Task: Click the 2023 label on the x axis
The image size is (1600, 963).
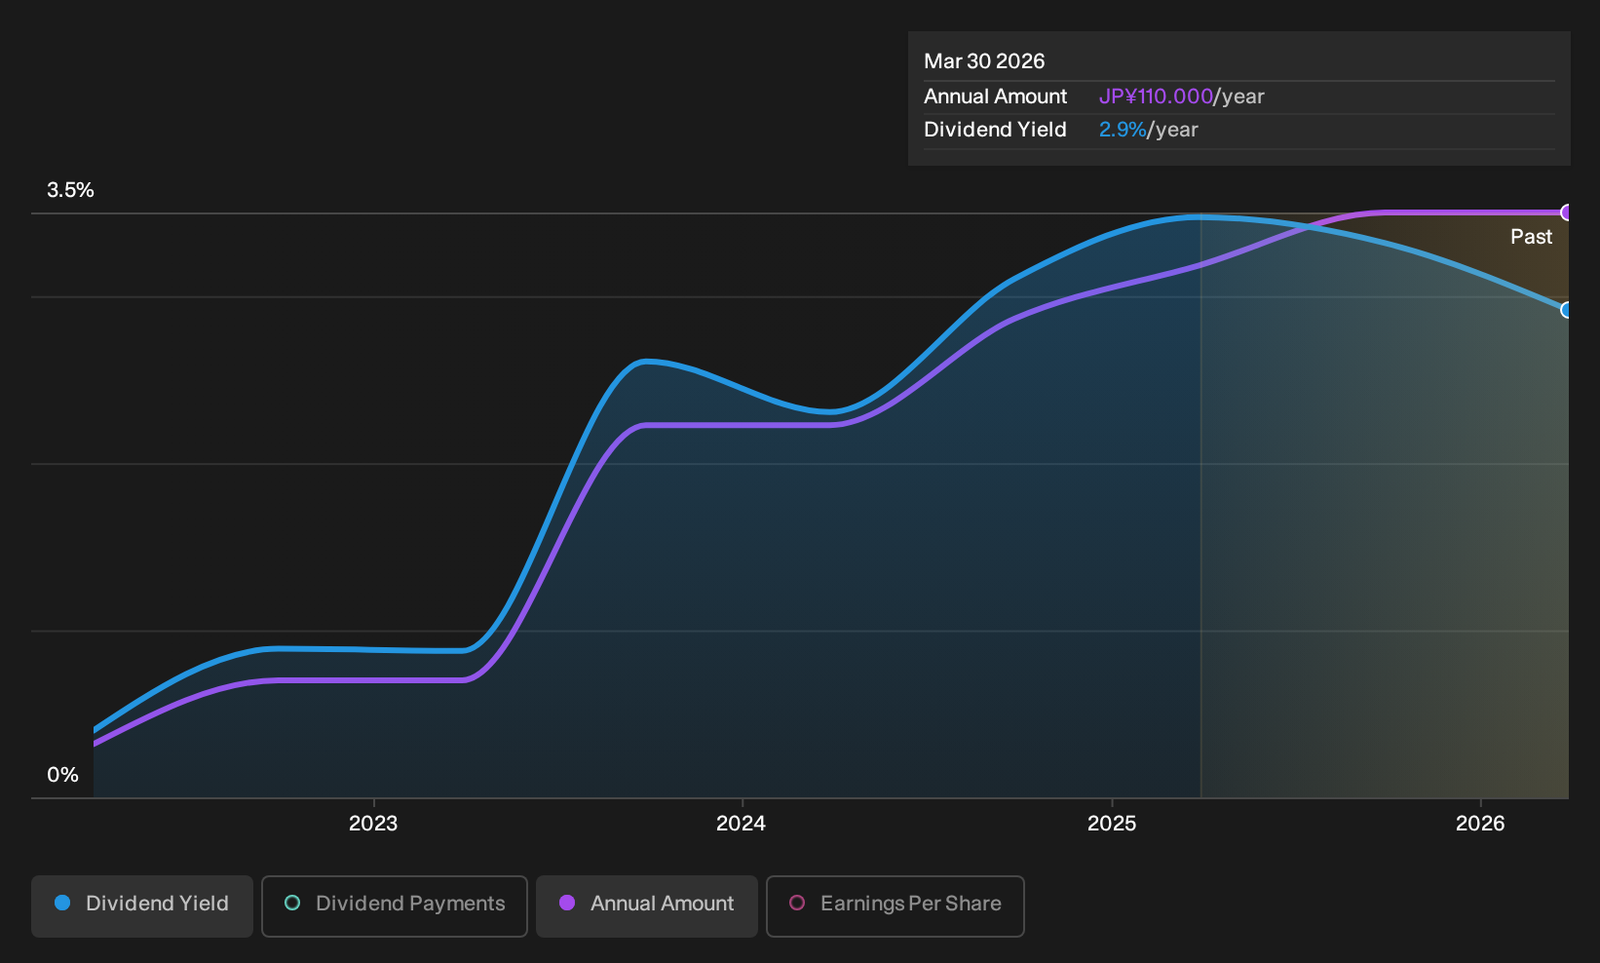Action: coord(373,824)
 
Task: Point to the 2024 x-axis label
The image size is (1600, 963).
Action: coord(741,824)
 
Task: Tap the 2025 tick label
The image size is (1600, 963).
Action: coord(1112,824)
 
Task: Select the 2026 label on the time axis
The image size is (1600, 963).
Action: coord(1480,824)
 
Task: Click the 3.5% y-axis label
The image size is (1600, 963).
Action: coord(70,190)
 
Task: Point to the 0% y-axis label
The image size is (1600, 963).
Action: coord(63,775)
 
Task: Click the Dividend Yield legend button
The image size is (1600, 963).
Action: coord(142,905)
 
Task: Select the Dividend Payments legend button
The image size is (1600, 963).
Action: coord(395,905)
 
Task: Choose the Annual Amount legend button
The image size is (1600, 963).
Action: coord(646,905)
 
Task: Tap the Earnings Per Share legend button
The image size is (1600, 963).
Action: coord(895,905)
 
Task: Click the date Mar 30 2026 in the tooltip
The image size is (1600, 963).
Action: coord(983,61)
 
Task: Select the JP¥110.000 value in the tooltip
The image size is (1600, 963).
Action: coord(1156,96)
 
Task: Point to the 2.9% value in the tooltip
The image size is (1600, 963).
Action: coord(1123,130)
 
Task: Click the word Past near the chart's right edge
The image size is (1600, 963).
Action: coord(1531,237)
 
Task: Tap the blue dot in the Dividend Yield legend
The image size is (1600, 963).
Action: coord(63,903)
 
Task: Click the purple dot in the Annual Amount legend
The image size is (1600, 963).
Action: coord(567,903)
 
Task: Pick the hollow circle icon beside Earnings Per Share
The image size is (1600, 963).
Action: coord(796,903)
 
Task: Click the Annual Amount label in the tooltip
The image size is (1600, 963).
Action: coord(995,96)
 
